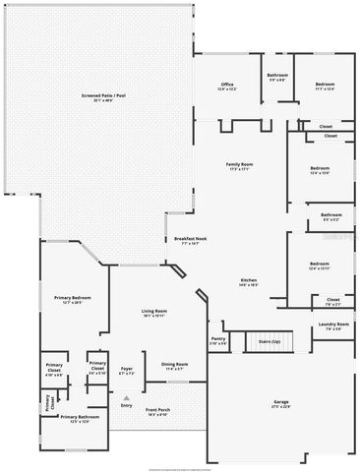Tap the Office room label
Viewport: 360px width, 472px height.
pyautogui.click(x=227, y=86)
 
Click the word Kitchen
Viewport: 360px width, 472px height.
pyautogui.click(x=250, y=281)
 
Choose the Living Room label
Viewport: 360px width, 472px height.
pyautogui.click(x=152, y=313)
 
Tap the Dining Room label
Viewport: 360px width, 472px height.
pyautogui.click(x=175, y=367)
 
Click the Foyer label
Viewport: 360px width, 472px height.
pyautogui.click(x=127, y=371)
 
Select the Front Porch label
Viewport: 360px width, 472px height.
pyautogui.click(x=157, y=412)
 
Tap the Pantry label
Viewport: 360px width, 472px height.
pyautogui.click(x=218, y=340)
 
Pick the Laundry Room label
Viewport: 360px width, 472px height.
pyautogui.click(x=332, y=326)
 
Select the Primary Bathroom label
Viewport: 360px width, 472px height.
pyautogui.click(x=81, y=419)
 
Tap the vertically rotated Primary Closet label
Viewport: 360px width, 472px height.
pyautogui.click(x=46, y=403)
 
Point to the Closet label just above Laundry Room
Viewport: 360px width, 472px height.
pyautogui.click(x=332, y=300)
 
